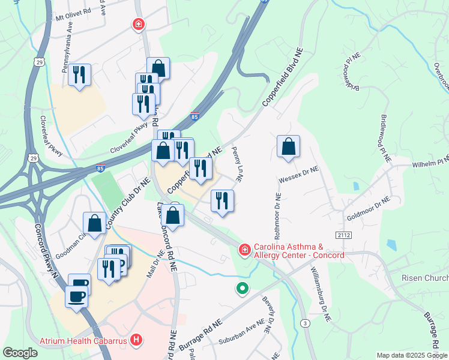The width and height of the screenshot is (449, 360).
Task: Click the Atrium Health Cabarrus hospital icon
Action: coord(137,341)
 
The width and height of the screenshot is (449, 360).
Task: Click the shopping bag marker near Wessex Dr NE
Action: coord(288,146)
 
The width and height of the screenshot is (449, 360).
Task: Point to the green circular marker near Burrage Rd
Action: coord(242,289)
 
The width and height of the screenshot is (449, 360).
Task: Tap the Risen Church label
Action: coord(425,278)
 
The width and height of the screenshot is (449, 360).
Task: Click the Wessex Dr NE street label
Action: coord(298,175)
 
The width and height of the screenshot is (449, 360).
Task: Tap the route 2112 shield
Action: coord(343,235)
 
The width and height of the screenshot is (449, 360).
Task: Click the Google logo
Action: coord(20,353)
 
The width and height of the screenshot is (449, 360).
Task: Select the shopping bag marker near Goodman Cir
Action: coord(95,223)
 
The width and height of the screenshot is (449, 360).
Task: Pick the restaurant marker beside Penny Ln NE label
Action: coord(222,201)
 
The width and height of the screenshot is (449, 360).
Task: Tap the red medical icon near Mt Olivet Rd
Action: coord(138,25)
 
